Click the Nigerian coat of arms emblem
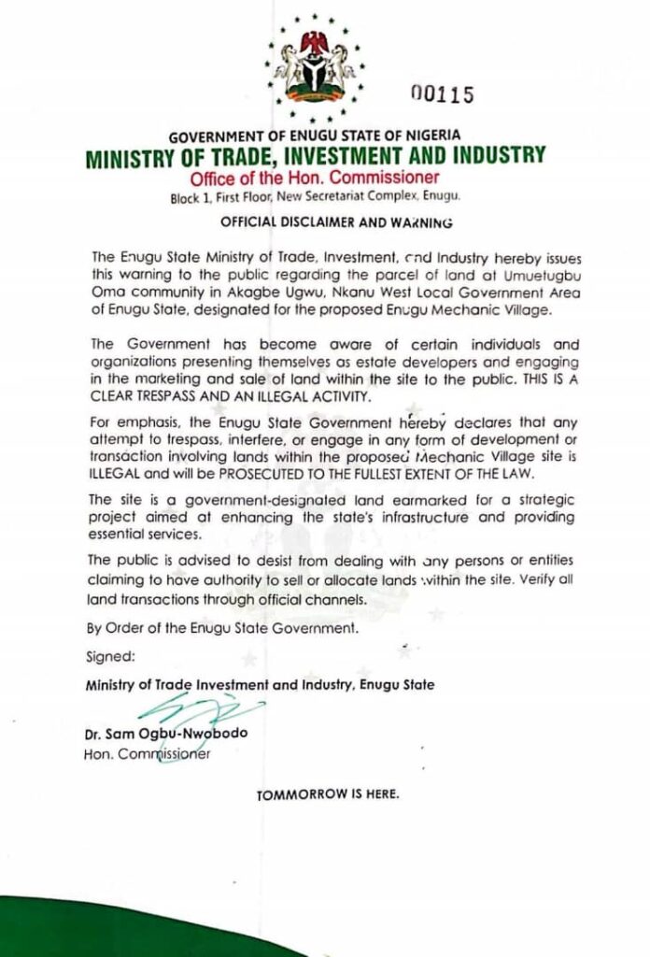pos(315,65)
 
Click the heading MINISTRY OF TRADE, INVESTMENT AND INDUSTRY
pos(315,157)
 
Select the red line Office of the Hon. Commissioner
pos(315,179)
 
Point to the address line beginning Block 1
pos(315,198)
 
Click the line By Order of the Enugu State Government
pos(221,629)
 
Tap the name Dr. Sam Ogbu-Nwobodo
pos(165,734)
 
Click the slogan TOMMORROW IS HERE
pos(327,795)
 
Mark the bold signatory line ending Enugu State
pos(259,685)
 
